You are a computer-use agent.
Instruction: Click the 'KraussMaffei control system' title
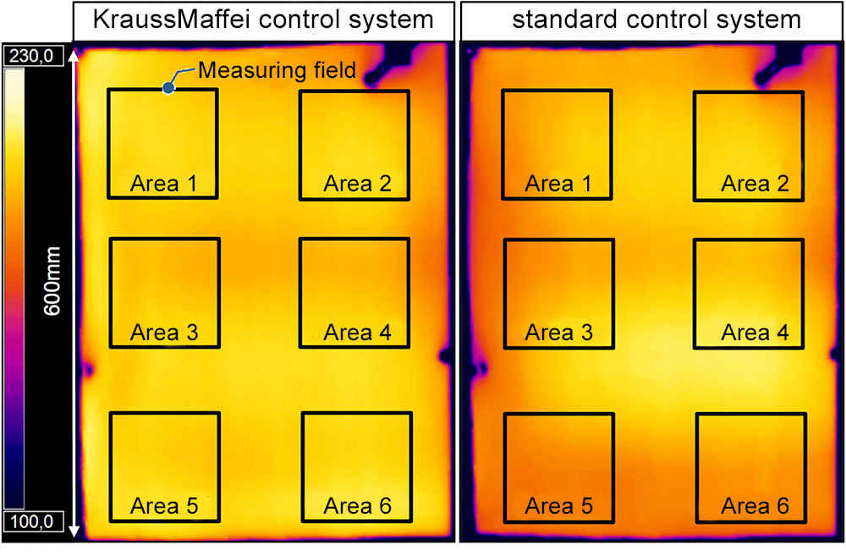264,19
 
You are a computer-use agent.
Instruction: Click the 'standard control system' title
656,19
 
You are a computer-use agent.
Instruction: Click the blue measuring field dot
169,87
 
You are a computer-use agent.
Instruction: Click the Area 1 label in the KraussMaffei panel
164,184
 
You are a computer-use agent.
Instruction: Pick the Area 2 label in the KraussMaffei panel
358,184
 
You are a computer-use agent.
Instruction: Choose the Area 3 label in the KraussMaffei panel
164,333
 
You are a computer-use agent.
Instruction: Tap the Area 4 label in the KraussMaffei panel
358,333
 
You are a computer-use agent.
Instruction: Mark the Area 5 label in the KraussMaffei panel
164,506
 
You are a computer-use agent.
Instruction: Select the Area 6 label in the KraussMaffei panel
358,506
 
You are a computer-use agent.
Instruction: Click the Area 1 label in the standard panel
559,184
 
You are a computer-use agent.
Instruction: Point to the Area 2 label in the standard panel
755,184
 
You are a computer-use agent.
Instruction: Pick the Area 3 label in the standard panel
559,333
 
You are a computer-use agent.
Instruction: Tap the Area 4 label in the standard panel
755,333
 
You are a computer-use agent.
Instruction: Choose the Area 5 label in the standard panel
559,506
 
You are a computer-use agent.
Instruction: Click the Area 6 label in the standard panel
755,506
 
